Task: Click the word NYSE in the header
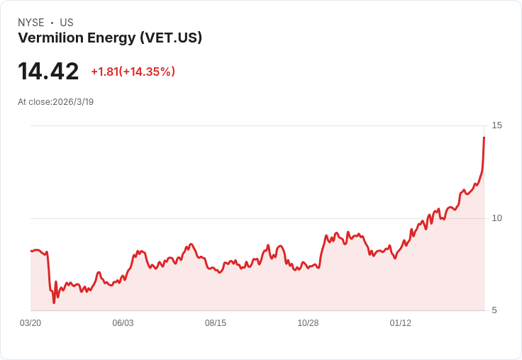tap(30, 23)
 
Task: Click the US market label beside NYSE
tap(67, 23)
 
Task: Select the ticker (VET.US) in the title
tap(171, 38)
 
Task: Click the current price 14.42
tap(48, 71)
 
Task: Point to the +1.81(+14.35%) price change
tap(133, 72)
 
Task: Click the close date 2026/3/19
tap(73, 102)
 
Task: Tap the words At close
tap(34, 102)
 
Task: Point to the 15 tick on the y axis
tap(496, 125)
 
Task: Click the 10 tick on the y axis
tap(496, 218)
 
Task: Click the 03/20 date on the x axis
tap(30, 323)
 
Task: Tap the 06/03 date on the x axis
tap(123, 323)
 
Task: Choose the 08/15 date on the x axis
tap(216, 323)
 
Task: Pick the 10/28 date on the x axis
tap(308, 323)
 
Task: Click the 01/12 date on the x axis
tap(401, 323)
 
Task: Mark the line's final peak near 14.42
tap(484, 137)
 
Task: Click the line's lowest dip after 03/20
tap(54, 303)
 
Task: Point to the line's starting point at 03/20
tap(31, 251)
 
